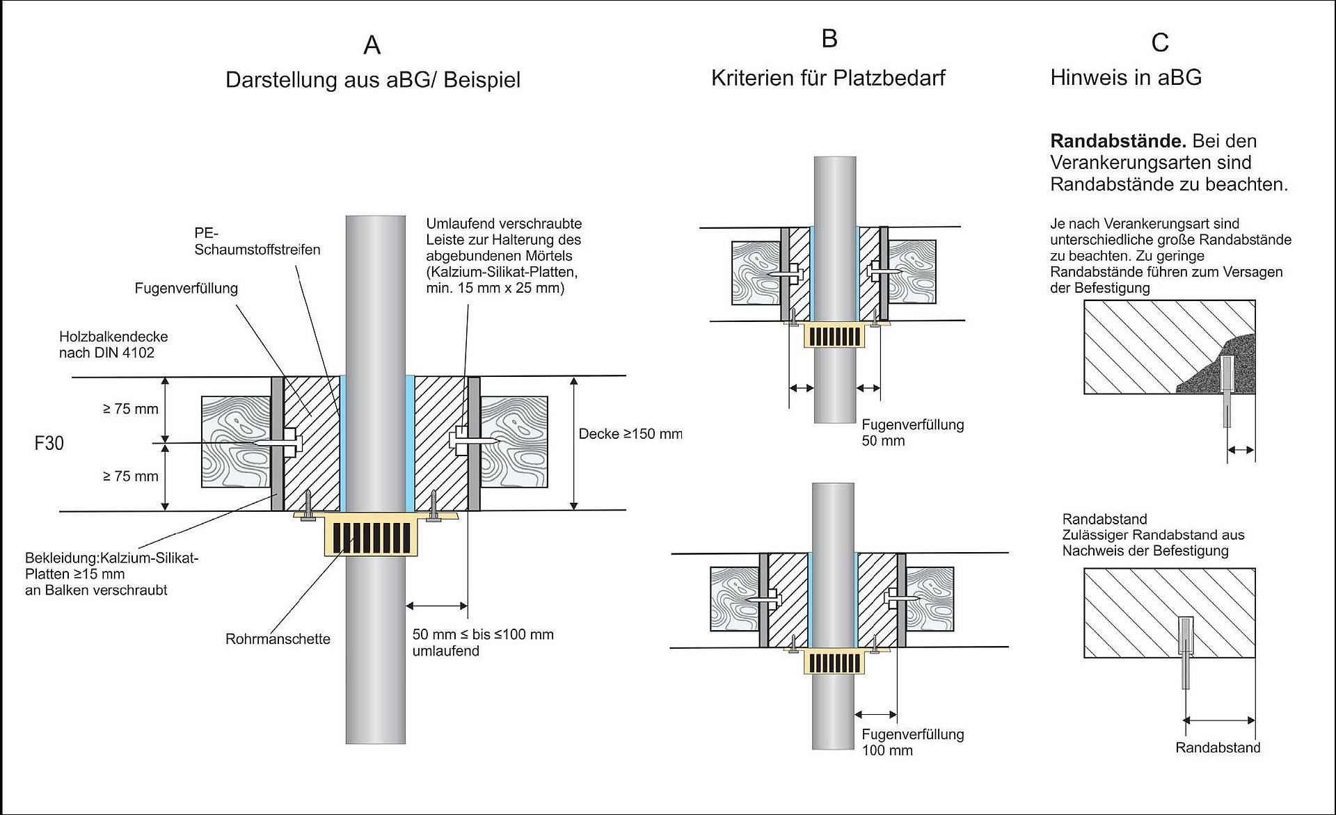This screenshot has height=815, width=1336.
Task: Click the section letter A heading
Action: tap(372, 45)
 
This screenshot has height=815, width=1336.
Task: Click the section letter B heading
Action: tap(829, 38)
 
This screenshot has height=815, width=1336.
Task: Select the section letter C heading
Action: tap(1159, 43)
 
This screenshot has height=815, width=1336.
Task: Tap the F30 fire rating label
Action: tap(49, 443)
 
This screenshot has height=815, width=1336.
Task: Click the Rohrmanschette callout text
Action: tap(278, 639)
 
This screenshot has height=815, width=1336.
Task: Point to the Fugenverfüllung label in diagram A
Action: tap(186, 288)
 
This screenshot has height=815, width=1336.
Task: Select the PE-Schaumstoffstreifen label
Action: tap(257, 241)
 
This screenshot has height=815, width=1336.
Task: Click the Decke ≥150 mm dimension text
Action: tap(630, 434)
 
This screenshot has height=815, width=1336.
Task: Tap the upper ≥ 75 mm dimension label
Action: tap(131, 409)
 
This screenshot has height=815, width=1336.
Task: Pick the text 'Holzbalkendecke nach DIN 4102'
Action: tap(113, 344)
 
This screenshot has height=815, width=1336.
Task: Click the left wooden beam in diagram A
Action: tap(236, 442)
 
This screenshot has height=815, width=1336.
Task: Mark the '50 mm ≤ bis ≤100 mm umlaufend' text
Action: tap(482, 643)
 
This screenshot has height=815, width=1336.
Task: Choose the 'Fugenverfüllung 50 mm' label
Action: tap(912, 433)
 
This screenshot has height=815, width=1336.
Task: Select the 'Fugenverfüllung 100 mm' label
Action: tap(912, 742)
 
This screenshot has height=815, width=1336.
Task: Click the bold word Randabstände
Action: tap(1118, 141)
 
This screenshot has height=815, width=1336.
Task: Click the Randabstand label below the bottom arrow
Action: tap(1218, 748)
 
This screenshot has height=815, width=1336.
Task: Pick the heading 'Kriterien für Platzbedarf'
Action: tap(828, 78)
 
